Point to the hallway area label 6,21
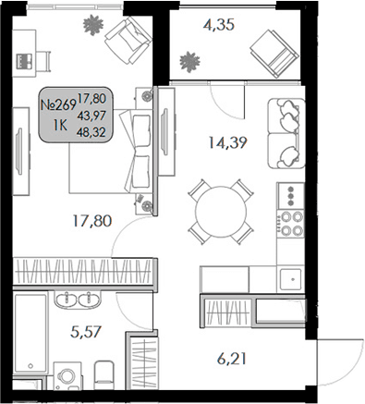(x=231, y=355)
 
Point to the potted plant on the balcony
(x=189, y=62)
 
